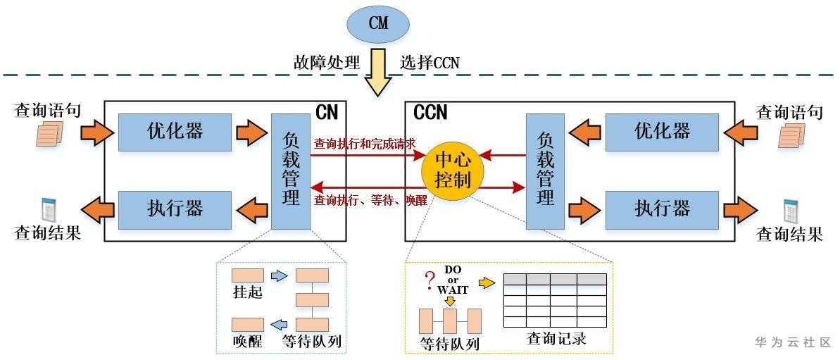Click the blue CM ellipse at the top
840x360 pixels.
click(x=377, y=23)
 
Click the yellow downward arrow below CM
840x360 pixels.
click(x=378, y=73)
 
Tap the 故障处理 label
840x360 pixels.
click(x=326, y=62)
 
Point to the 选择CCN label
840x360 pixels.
click(x=430, y=62)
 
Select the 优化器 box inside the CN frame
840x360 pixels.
click(x=175, y=132)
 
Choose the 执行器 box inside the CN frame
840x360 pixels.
click(x=175, y=209)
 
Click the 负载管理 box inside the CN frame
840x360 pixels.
click(x=291, y=171)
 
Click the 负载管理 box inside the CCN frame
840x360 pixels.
click(x=545, y=171)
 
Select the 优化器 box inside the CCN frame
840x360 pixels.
click(x=663, y=132)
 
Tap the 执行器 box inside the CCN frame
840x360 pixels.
click(x=663, y=209)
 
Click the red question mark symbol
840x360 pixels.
click(x=429, y=283)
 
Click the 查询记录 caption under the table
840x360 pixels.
click(x=556, y=339)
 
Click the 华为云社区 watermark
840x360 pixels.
click(x=793, y=342)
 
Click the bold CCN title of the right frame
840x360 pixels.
click(x=430, y=112)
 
